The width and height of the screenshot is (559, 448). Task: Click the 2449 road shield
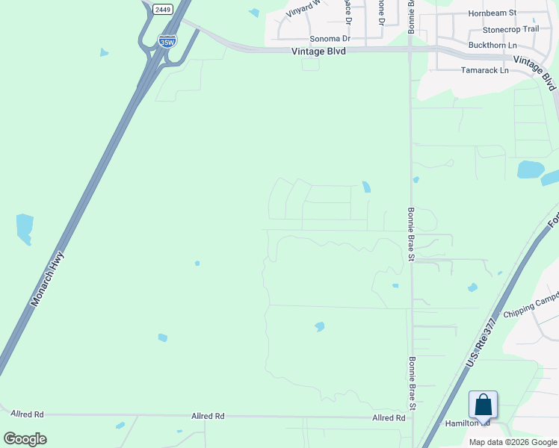162,9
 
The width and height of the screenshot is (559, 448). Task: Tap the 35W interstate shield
167,41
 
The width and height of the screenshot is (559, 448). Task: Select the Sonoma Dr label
330,39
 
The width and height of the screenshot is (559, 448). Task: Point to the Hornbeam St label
492,13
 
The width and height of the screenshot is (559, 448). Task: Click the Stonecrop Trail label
510,29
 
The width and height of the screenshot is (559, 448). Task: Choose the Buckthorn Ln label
492,46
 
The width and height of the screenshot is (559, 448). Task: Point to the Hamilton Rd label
467,423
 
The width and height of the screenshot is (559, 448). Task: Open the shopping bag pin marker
483,405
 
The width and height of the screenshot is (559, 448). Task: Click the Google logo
25,439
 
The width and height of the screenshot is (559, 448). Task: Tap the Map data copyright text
513,442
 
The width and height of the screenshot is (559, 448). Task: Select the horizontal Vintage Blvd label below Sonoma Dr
318,51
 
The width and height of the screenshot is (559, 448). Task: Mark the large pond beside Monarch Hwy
25,228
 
